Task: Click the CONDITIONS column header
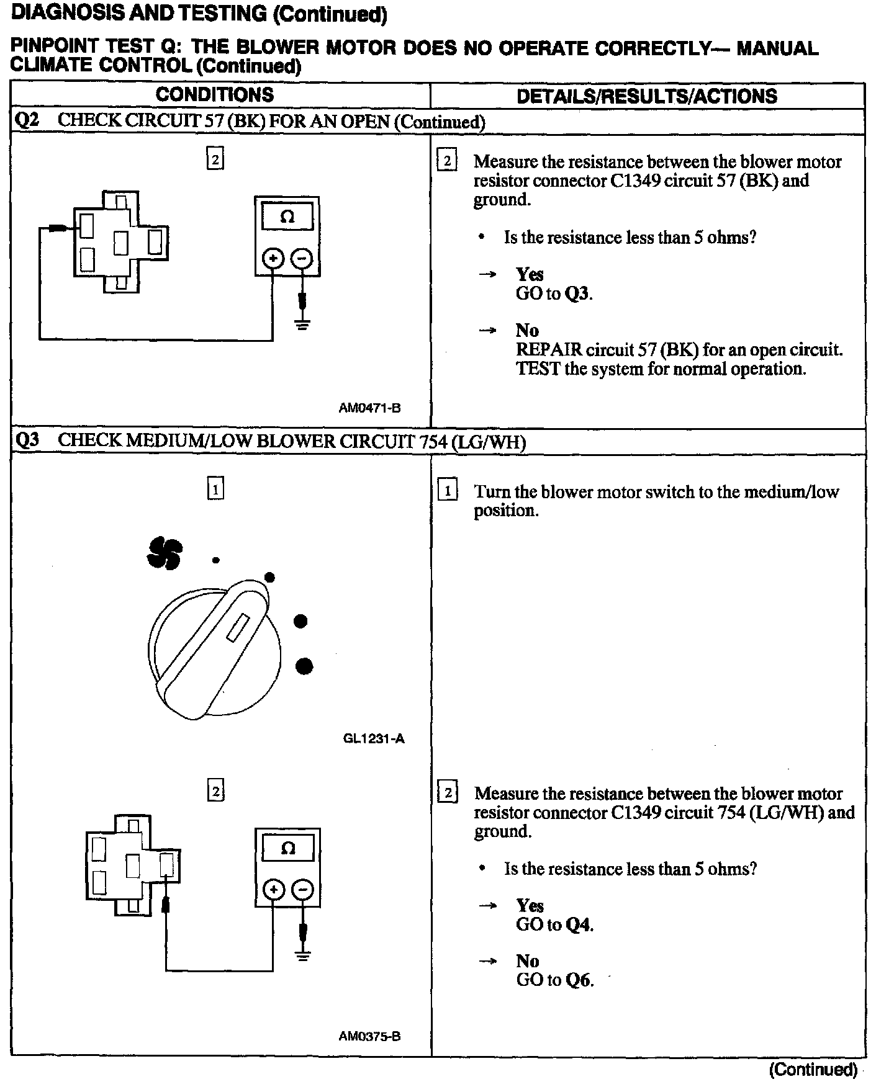214,95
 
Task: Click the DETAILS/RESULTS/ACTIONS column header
646,96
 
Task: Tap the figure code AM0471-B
369,408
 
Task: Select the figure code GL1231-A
373,738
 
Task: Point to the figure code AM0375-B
369,1036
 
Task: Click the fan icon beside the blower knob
165,553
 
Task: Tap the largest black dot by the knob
304,666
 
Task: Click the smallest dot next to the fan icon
215,560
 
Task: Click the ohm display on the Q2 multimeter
287,217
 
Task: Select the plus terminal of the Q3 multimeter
273,890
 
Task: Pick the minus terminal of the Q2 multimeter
302,258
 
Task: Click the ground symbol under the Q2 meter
302,324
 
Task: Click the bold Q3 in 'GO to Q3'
577,293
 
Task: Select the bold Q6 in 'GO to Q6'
578,980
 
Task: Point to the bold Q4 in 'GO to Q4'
578,925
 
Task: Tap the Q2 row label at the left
27,121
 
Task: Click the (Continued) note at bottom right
813,1070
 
